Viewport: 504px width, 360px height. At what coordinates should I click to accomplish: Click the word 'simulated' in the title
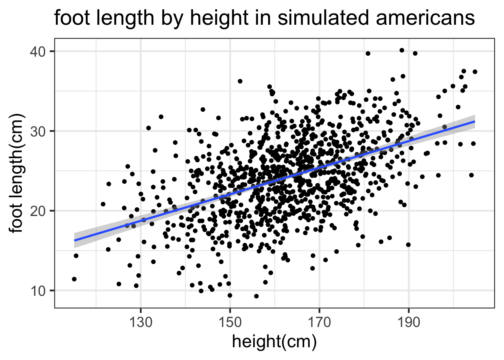[x=328, y=18]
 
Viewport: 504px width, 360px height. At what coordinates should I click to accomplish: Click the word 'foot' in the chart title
[x=70, y=18]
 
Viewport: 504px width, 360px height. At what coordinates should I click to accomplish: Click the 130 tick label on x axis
[x=141, y=322]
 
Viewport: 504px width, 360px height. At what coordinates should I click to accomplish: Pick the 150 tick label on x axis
[x=230, y=322]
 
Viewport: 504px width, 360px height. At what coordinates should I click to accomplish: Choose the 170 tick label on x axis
[x=319, y=322]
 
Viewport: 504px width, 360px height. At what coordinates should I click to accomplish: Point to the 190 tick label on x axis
[x=408, y=322]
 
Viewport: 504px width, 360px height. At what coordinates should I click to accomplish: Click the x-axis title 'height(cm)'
[x=274, y=342]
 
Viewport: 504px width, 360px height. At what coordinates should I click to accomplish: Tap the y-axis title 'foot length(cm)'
[x=17, y=173]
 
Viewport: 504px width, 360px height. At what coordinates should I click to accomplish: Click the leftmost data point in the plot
[x=74, y=279]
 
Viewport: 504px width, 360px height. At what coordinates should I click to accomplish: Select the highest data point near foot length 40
[x=402, y=50]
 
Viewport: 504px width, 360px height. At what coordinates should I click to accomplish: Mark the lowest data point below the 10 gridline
[x=256, y=296]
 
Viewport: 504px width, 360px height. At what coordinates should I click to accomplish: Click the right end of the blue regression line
[x=474, y=121]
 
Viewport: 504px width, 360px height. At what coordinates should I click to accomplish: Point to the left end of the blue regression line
[x=74, y=240]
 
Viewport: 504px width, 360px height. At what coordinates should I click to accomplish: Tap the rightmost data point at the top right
[x=475, y=72]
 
